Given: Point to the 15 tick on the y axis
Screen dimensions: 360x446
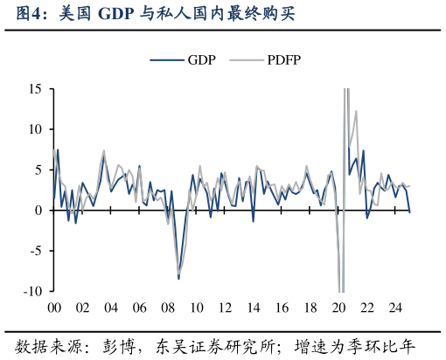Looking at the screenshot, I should (35, 89).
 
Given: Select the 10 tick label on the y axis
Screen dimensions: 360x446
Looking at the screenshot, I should (35, 129).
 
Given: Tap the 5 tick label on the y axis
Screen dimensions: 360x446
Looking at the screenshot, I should (38, 170).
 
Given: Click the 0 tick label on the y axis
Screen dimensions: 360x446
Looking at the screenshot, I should (38, 211).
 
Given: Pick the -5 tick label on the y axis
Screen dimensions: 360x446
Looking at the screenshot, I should (36, 251).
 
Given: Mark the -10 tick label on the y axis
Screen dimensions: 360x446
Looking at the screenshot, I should (33, 291).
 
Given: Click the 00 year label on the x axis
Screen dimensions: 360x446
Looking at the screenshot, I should (53, 308).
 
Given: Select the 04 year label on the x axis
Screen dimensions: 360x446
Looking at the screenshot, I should (111, 308).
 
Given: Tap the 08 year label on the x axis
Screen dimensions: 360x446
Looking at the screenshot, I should (168, 308).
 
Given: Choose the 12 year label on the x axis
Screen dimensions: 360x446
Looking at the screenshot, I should (225, 308).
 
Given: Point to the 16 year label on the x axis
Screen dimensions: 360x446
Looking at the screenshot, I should (282, 308).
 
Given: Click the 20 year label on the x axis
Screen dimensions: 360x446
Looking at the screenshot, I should (338, 308).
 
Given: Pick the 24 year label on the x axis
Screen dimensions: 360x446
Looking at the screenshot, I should (395, 308).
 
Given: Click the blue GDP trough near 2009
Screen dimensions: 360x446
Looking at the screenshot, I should (178, 278).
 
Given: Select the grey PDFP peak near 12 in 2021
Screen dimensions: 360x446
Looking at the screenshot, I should (356, 111).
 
